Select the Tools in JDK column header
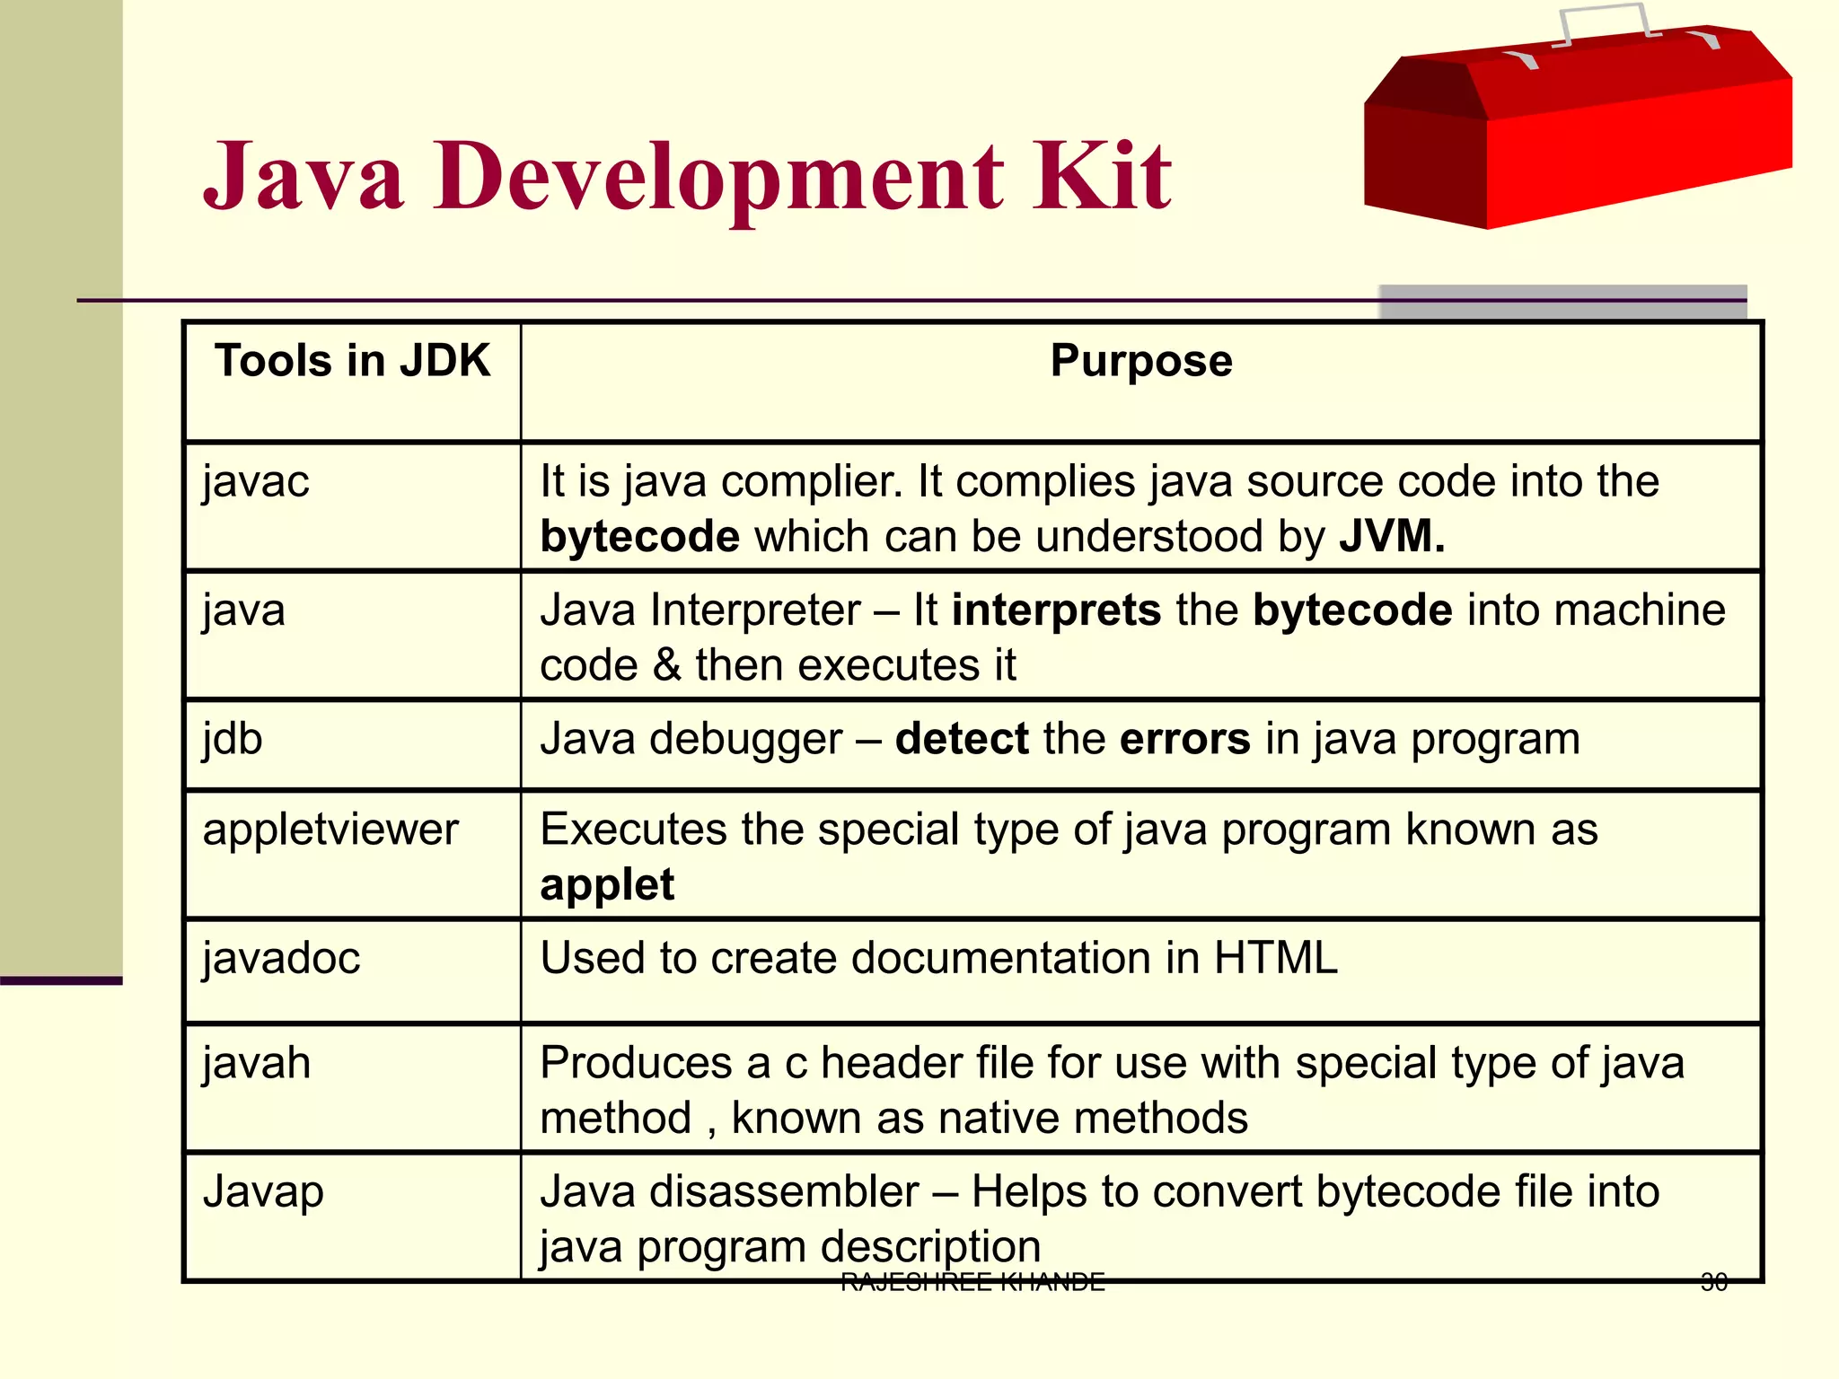352,361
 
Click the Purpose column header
1141,361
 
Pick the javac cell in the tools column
256,481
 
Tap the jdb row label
233,739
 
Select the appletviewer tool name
330,830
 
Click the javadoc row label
281,958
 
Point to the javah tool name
257,1063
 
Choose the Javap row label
263,1192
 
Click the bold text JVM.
1392,537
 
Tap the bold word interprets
1056,610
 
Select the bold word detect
961,739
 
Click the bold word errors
1184,739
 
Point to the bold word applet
607,885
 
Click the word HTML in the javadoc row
1275,958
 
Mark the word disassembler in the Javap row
784,1192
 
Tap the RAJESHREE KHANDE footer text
972,1282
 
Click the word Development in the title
718,176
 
